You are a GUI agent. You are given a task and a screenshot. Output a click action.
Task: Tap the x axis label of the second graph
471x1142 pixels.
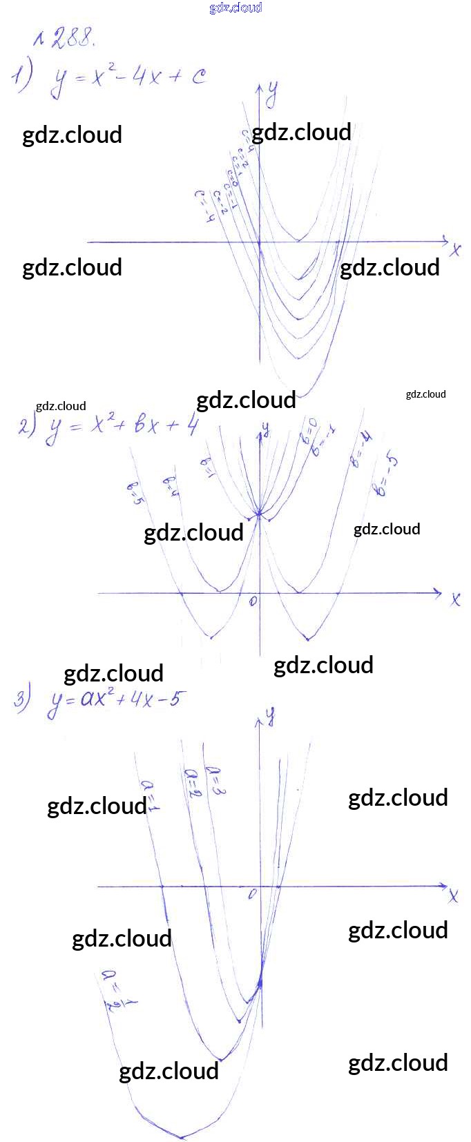(455, 599)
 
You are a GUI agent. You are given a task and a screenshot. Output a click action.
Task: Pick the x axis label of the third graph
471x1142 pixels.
(453, 896)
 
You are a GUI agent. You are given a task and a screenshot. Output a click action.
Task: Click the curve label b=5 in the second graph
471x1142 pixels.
(135, 492)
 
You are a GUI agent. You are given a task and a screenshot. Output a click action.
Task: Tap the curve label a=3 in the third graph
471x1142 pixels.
(215, 780)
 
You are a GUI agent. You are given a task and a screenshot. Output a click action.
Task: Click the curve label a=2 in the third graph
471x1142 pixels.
(193, 783)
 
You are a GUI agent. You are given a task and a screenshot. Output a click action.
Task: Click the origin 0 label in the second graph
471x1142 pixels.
(253, 601)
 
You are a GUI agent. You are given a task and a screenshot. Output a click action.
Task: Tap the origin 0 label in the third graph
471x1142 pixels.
(253, 894)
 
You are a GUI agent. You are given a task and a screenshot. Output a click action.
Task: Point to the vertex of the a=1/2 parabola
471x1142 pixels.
(182, 1136)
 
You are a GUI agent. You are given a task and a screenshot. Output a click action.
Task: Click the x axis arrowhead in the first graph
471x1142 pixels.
(444, 242)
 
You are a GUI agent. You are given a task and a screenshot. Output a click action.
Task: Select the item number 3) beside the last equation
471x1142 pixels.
(23, 699)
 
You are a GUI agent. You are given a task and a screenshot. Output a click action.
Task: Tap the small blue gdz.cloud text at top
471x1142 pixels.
(236, 8)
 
